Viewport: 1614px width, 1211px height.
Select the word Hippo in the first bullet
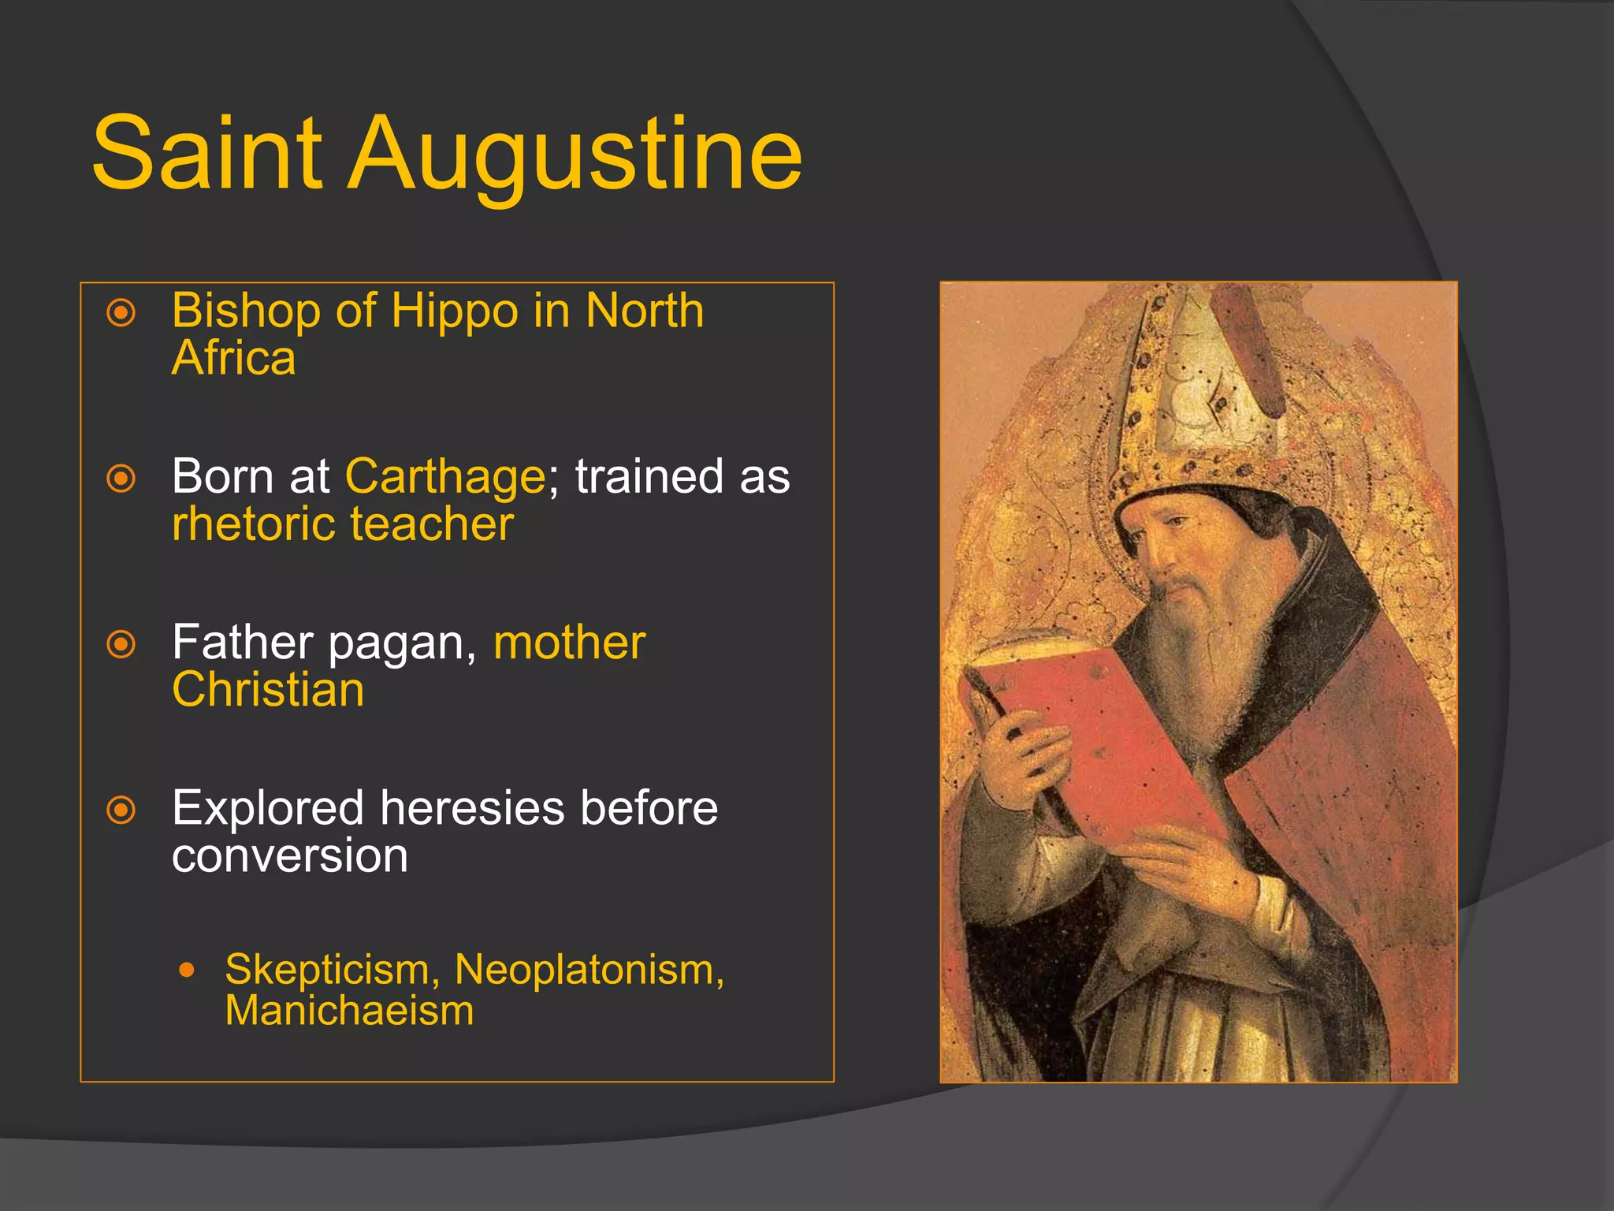(453, 310)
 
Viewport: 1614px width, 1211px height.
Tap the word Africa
(233, 358)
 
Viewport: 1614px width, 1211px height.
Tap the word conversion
(290, 856)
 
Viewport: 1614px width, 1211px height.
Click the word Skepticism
(332, 971)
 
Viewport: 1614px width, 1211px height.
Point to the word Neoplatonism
(589, 969)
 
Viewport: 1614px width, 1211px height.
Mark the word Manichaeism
(349, 1011)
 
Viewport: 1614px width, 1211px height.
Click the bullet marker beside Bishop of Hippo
(121, 313)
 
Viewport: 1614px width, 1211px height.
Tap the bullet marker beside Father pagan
(121, 644)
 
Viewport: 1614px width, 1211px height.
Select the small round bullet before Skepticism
(187, 970)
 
